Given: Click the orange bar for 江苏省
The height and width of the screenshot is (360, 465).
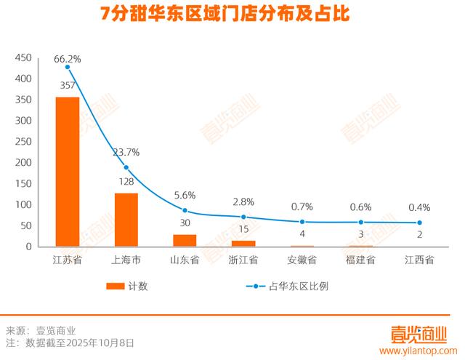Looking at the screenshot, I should [68, 172].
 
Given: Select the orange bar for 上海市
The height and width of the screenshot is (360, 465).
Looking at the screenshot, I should [126, 220].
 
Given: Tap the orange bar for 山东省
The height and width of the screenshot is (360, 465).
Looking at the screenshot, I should [185, 241].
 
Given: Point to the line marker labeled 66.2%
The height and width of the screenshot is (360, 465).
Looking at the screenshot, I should [68, 67].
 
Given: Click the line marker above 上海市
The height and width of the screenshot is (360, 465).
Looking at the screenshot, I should [126, 167].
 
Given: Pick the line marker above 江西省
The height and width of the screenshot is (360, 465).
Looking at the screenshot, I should [419, 223].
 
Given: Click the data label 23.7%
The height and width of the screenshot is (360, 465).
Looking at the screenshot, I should [126, 152].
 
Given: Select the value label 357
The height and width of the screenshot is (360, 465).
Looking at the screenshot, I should [68, 84].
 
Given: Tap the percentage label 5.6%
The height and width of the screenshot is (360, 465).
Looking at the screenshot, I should [185, 195].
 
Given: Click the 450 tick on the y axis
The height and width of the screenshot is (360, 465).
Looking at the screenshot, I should [23, 58].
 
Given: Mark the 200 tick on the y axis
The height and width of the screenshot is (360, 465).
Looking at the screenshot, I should [23, 163].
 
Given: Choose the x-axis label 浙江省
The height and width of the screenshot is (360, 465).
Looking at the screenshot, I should [243, 260].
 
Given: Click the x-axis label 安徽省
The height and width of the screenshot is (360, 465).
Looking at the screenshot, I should [302, 260].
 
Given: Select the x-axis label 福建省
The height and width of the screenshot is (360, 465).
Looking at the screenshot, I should [360, 260].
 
